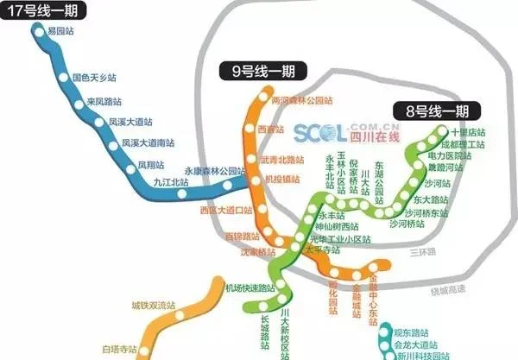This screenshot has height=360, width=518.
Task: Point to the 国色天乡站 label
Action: click(x=94, y=78)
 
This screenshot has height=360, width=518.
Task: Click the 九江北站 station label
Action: click(x=168, y=182)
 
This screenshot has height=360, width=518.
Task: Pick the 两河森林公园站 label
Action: click(x=301, y=100)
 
